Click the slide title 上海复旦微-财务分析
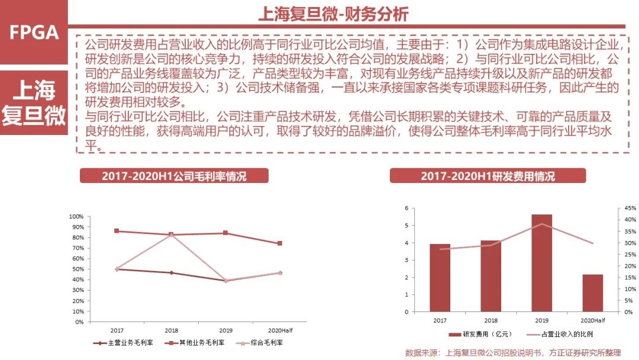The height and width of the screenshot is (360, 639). [x=333, y=14]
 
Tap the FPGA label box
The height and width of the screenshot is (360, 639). [x=34, y=32]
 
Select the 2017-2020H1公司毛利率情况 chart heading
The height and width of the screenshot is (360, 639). [x=174, y=176]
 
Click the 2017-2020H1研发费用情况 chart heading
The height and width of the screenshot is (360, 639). [x=488, y=176]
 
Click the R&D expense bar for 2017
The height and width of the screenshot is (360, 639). [x=440, y=278]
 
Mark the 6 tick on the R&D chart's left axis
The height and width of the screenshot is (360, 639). [x=407, y=208]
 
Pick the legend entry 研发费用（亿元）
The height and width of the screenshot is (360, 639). [x=477, y=335]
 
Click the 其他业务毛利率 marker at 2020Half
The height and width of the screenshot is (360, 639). [x=280, y=243]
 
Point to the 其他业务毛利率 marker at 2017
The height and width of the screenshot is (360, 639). [x=117, y=231]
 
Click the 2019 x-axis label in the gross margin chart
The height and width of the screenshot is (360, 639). [x=225, y=330]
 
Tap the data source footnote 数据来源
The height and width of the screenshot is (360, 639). [x=513, y=353]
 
